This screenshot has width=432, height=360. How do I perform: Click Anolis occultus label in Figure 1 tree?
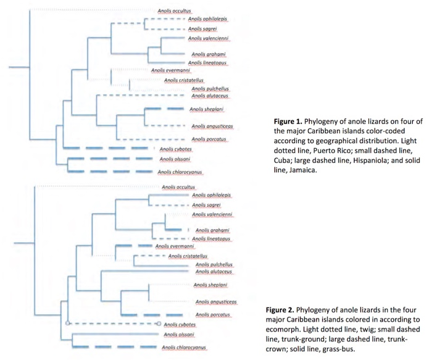(x=175, y=11)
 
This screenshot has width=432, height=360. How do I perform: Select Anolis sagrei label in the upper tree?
(x=202, y=28)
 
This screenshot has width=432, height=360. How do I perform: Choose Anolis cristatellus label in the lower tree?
(x=188, y=256)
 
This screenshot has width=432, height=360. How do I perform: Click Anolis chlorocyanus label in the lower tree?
(x=183, y=348)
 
